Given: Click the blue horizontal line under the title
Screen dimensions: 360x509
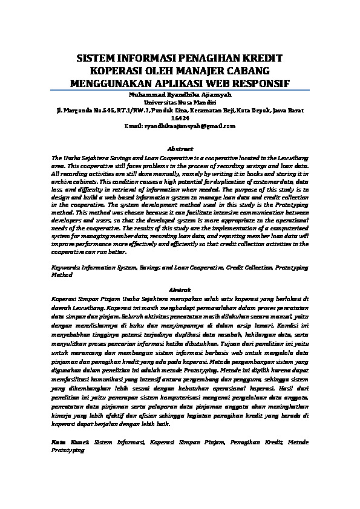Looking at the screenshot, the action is click(x=180, y=90).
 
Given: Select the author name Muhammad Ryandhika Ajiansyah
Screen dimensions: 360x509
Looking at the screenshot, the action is click(x=180, y=96).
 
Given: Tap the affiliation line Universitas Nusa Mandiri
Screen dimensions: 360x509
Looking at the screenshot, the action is click(x=180, y=103).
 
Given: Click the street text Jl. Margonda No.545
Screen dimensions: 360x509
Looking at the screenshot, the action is click(x=80, y=111).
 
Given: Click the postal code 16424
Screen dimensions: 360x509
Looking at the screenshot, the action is click(x=180, y=118).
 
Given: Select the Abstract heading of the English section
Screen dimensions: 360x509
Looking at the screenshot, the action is click(x=180, y=149).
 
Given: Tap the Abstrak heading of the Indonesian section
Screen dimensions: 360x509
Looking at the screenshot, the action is click(x=180, y=290).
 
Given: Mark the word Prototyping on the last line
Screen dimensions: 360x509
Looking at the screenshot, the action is click(x=69, y=451).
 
